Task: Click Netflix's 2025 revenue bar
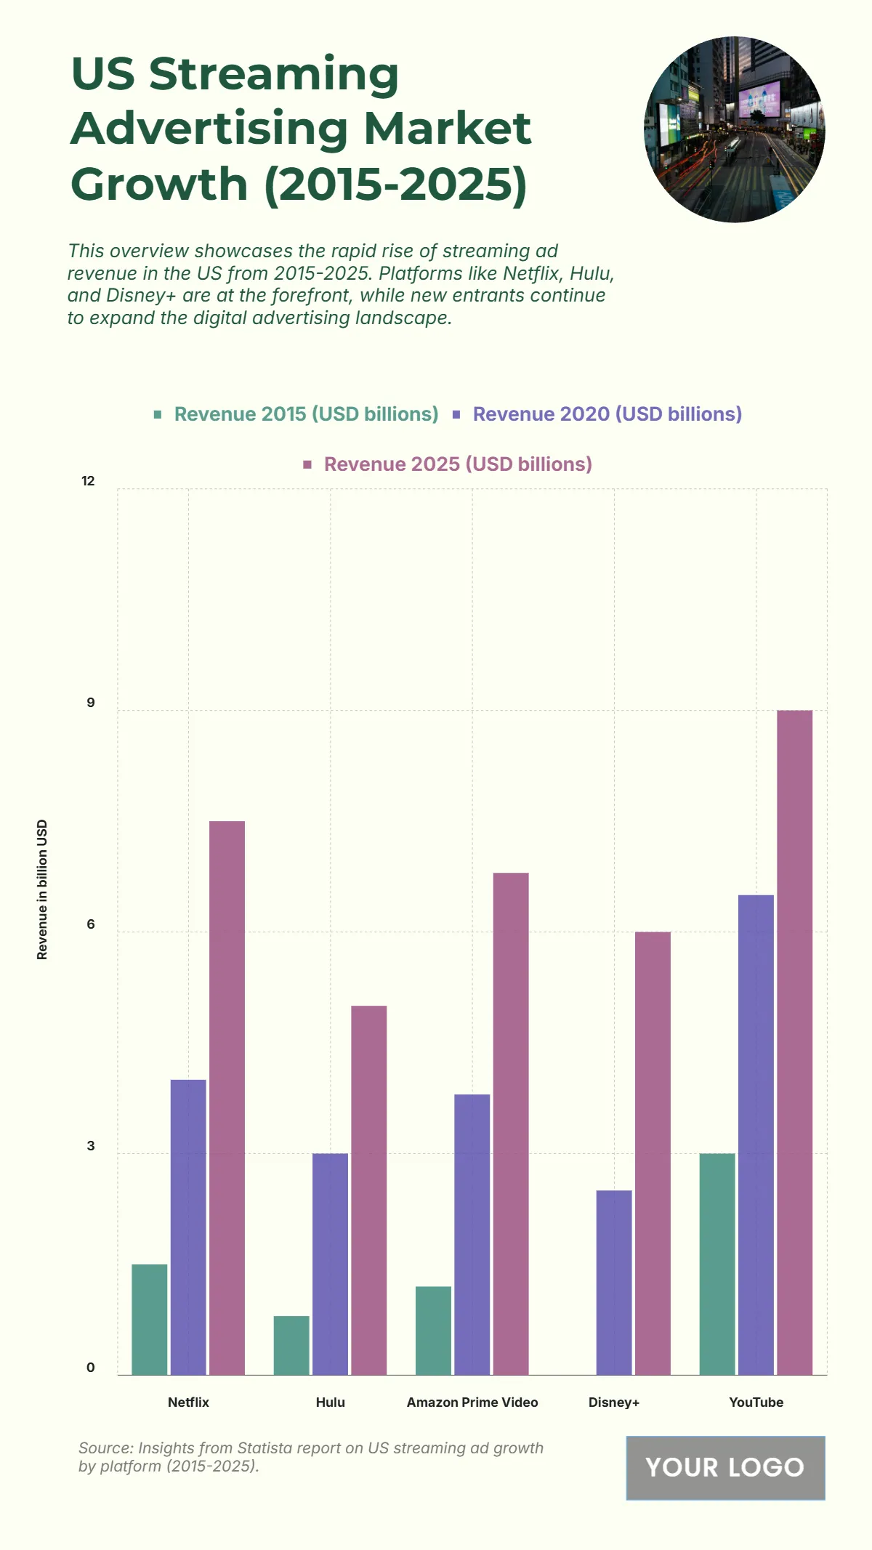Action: [x=227, y=1097]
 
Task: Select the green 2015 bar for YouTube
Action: [x=717, y=1264]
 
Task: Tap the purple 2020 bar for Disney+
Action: [x=614, y=1282]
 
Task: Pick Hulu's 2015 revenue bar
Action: [x=291, y=1345]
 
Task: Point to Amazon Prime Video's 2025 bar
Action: [x=511, y=1123]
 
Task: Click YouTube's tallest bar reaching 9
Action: [x=794, y=1042]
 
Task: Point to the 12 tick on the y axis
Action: [x=89, y=481]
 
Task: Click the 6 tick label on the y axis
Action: [x=91, y=924]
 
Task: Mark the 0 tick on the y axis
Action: [x=91, y=1368]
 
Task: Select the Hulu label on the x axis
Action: [x=331, y=1402]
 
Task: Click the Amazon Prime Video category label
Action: [x=472, y=1402]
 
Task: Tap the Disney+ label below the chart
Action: [x=614, y=1402]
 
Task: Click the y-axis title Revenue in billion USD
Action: [x=42, y=889]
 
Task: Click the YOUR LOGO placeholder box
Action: [x=725, y=1468]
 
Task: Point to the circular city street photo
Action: [x=735, y=129]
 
